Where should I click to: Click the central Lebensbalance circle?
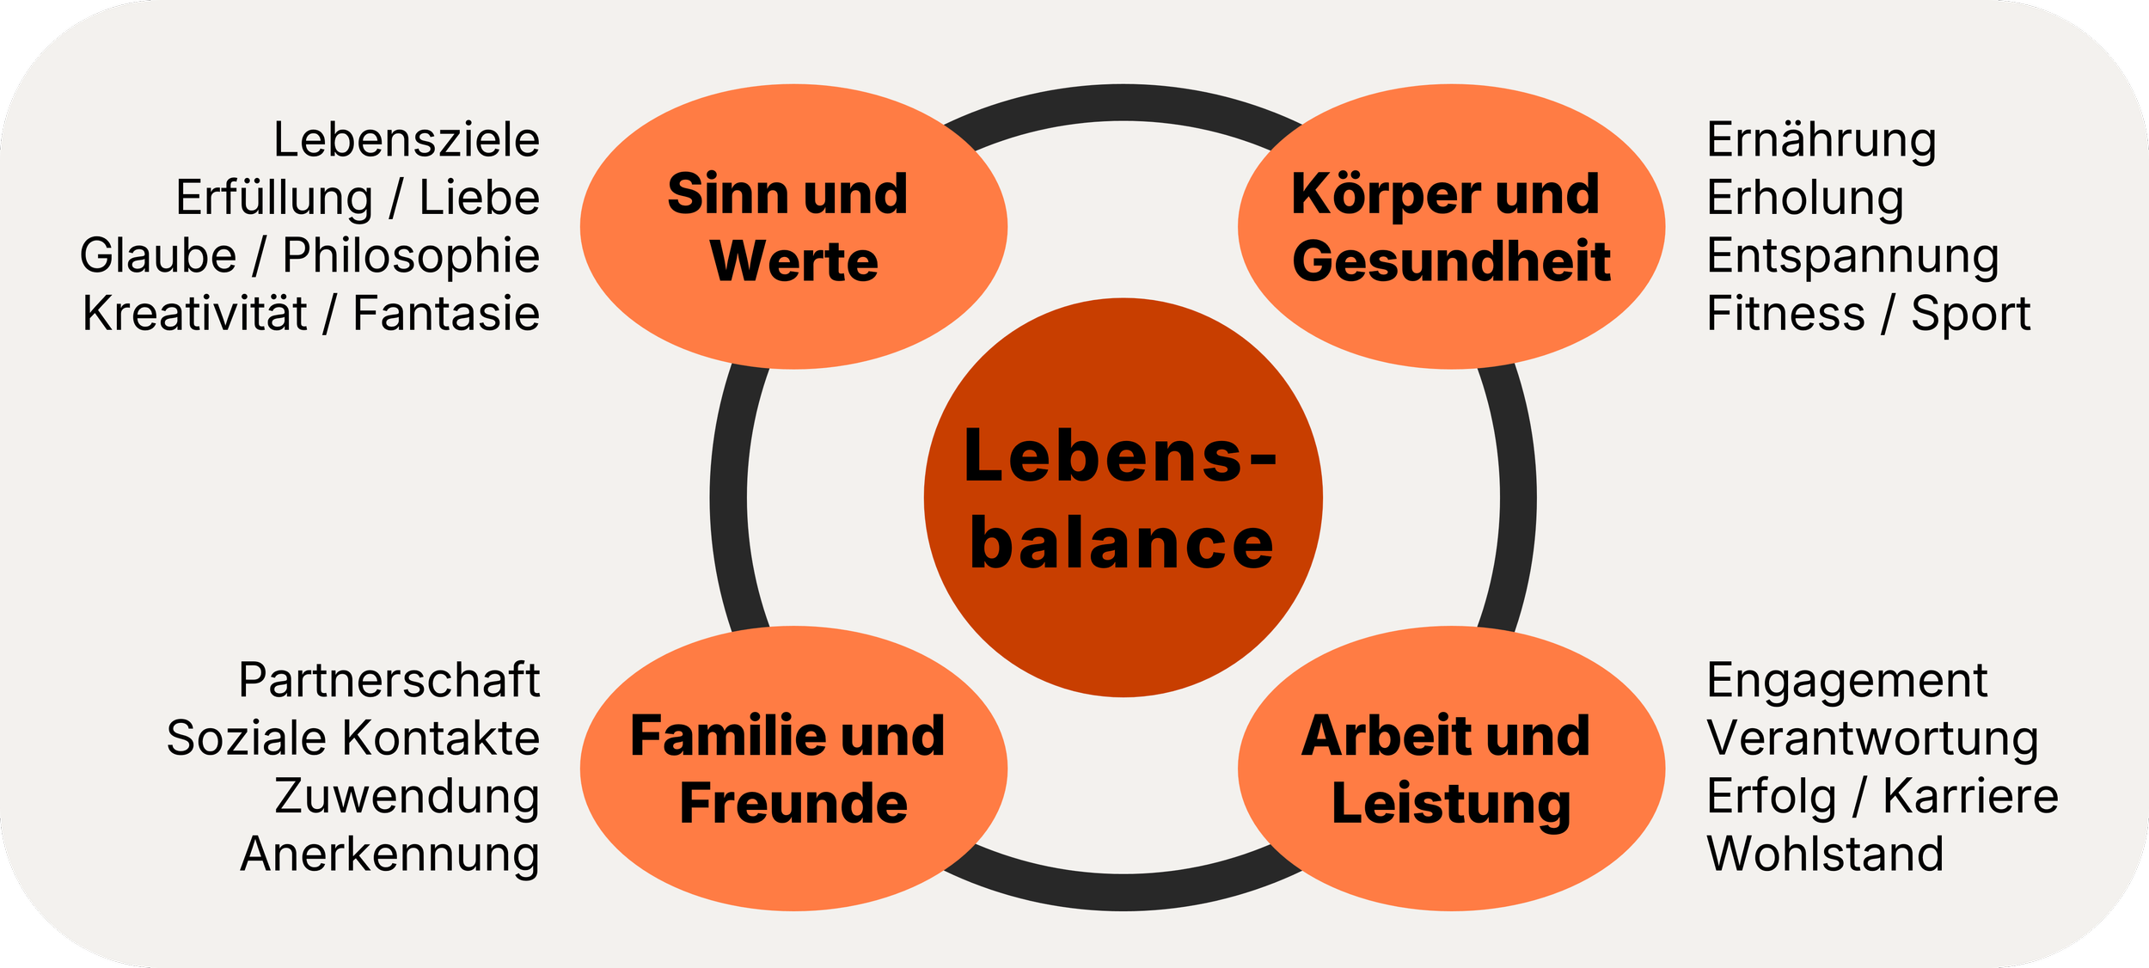[x=1123, y=498]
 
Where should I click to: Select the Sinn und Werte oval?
[x=793, y=227]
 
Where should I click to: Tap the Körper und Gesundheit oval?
[x=1451, y=227]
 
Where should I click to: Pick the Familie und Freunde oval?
[x=793, y=769]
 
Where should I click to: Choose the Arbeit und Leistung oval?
[x=1451, y=769]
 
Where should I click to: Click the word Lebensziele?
[x=406, y=140]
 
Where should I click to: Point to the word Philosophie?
[x=411, y=256]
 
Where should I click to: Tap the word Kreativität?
[x=194, y=314]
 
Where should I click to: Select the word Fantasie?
[x=446, y=314]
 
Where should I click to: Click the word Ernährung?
[x=1821, y=140]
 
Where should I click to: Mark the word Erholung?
[x=1805, y=199]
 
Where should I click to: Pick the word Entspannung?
[x=1852, y=257]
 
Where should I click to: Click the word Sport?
[x=1970, y=315]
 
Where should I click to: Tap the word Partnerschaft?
[x=389, y=681]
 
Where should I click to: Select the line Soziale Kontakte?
[x=352, y=738]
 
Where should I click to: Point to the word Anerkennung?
[x=389, y=855]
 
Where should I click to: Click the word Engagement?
[x=1846, y=682]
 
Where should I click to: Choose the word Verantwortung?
[x=1872, y=739]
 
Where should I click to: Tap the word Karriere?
[x=1970, y=796]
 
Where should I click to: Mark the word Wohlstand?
[x=1825, y=855]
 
